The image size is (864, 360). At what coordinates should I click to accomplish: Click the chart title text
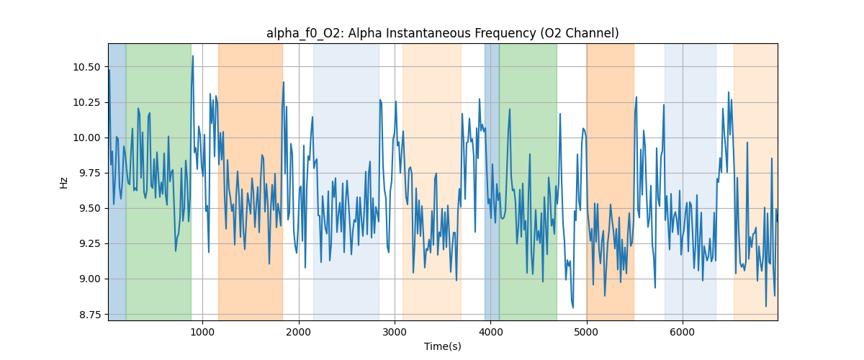(442, 33)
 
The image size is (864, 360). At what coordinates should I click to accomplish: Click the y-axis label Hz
(63, 182)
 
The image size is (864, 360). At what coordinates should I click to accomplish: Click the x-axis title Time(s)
(442, 346)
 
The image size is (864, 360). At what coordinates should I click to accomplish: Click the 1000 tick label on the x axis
(202, 332)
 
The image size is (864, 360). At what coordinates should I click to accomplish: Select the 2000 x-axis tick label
(299, 332)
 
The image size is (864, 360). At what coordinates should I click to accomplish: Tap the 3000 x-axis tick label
(395, 332)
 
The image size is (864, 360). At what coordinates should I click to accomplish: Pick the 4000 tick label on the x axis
(490, 332)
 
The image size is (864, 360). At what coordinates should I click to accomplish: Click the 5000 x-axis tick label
(586, 332)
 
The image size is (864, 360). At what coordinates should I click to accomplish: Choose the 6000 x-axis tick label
(683, 332)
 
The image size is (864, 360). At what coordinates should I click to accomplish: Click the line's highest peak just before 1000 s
(192, 55)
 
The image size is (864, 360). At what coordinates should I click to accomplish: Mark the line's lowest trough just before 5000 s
(573, 307)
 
